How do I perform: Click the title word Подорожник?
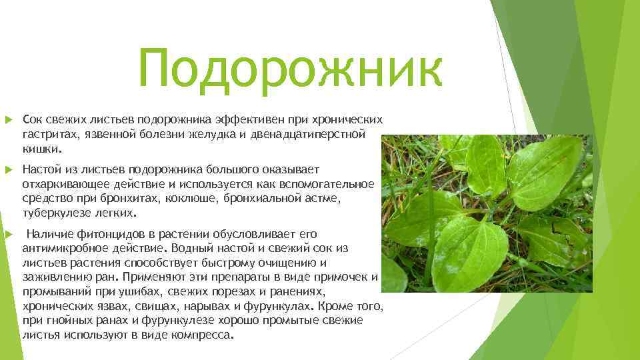click(290, 69)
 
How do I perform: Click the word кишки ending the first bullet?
click(42, 149)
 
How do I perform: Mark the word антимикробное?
click(65, 248)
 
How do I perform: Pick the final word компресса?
click(203, 335)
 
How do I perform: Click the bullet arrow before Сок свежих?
click(9, 120)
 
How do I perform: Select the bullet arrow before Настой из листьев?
click(9, 170)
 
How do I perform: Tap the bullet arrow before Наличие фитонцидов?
click(9, 234)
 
